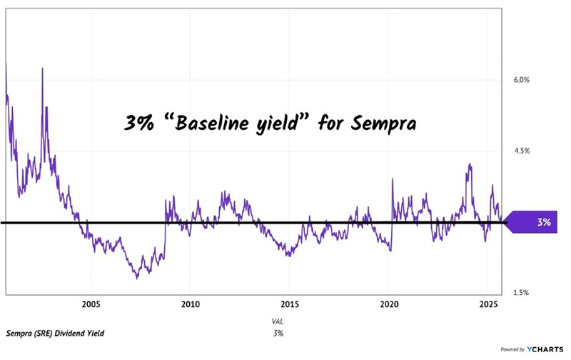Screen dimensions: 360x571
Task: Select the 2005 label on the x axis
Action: [x=91, y=303]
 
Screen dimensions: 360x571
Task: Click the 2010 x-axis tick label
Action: [x=190, y=303]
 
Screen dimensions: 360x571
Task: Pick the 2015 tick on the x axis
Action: [x=289, y=303]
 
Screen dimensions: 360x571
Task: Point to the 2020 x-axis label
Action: [x=388, y=303]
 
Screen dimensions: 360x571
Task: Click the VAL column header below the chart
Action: [x=278, y=322]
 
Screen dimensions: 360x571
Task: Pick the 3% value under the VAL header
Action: [x=278, y=334]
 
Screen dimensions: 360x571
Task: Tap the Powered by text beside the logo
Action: [x=511, y=351]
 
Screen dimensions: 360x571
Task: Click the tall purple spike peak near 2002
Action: [x=42, y=69]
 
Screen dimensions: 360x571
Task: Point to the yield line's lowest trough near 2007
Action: [x=136, y=277]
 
